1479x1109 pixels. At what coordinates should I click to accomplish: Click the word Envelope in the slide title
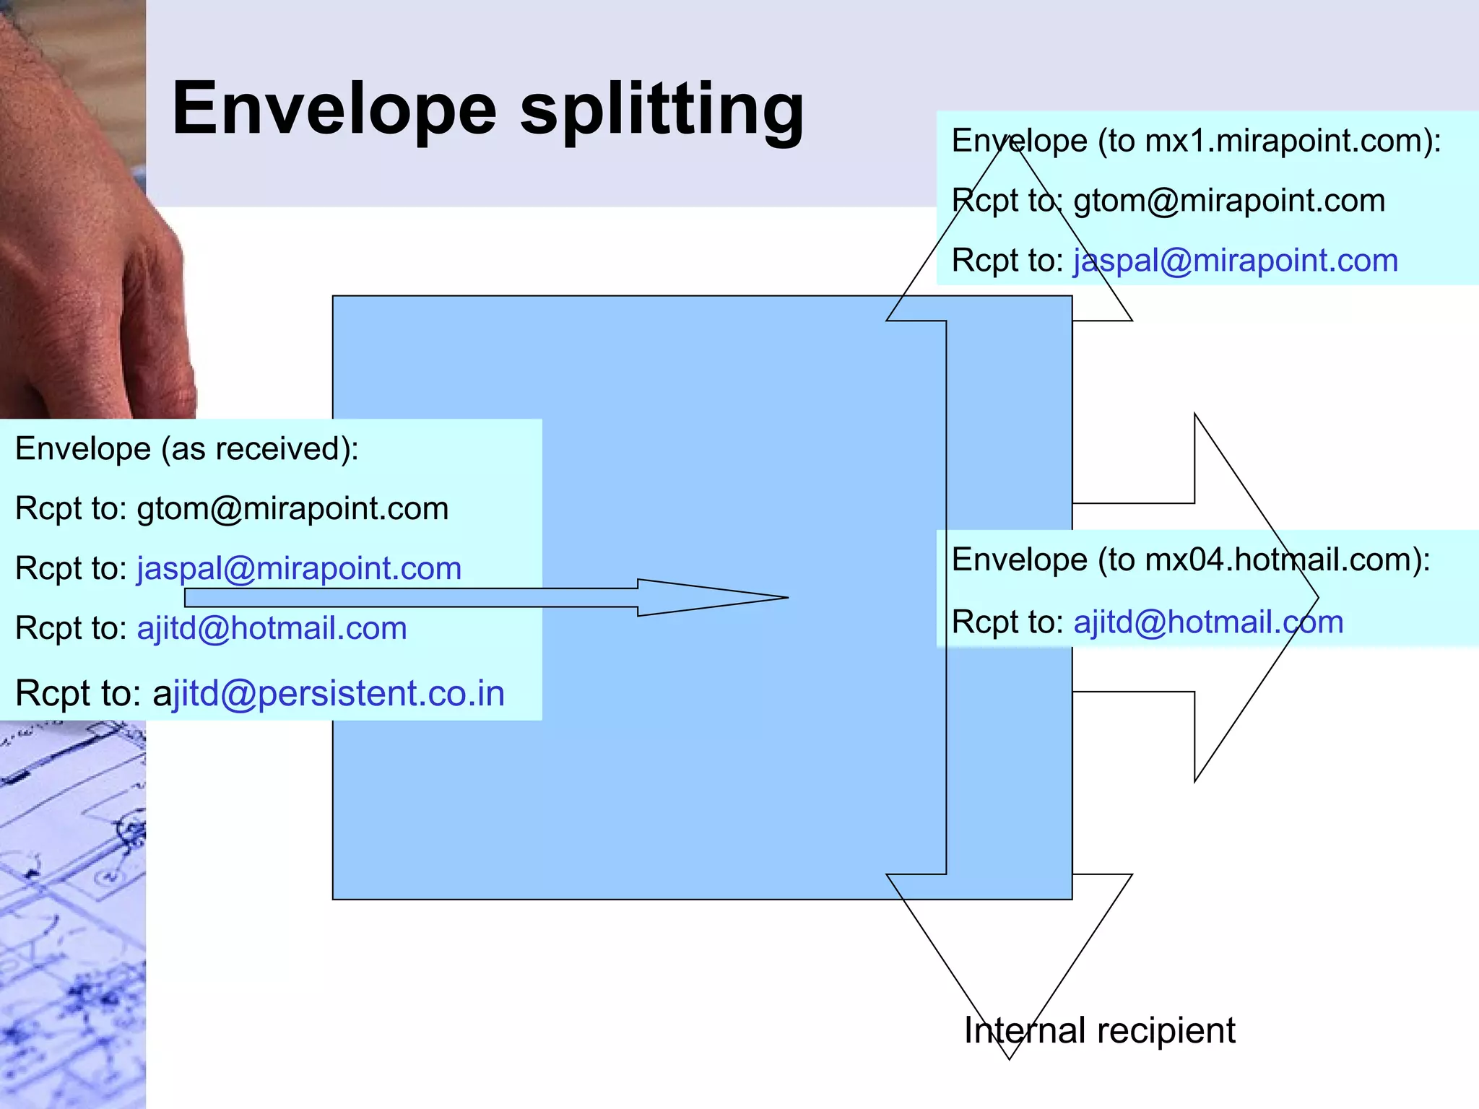coord(334,110)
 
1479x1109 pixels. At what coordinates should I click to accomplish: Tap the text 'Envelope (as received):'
coord(187,449)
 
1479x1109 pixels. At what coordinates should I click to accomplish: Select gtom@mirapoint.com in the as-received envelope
coord(292,509)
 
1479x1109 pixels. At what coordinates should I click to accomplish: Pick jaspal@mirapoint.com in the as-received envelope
coord(299,569)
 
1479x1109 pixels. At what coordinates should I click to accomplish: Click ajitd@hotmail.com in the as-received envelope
coord(272,628)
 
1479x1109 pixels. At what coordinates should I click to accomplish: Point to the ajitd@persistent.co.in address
coord(329,694)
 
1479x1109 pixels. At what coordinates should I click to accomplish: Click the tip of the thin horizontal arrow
coord(786,597)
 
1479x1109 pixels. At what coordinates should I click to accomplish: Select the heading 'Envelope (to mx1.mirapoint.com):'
coord(1196,141)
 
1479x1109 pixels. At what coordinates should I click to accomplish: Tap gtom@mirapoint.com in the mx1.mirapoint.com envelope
coord(1229,201)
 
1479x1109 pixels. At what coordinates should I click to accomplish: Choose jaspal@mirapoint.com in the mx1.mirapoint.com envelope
coord(1236,261)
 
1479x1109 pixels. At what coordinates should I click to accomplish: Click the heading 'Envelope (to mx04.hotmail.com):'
coord(1191,560)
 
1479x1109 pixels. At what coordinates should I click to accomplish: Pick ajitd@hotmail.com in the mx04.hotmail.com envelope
coord(1208,622)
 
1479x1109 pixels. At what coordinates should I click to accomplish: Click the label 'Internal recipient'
coord(1099,1030)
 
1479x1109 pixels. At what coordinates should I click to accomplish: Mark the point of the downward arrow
coord(1009,1058)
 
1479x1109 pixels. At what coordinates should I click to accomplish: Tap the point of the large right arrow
coord(1317,598)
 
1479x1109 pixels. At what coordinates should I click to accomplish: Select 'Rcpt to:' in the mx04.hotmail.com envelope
coord(1007,622)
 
